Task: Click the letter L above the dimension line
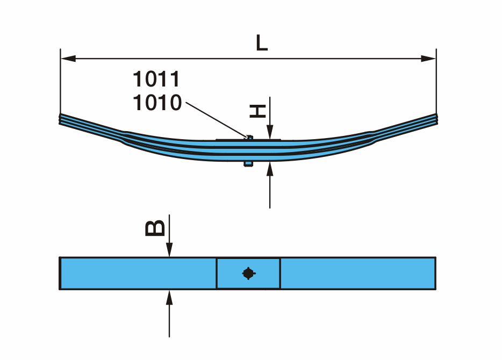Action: point(261,43)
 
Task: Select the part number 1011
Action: point(156,80)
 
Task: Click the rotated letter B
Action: point(156,228)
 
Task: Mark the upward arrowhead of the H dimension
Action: point(270,169)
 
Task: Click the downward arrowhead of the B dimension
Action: point(169,250)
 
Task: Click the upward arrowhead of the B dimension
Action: point(169,297)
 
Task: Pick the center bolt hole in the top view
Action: point(248,273)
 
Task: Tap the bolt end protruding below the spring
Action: point(248,163)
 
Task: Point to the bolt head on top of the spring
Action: point(249,138)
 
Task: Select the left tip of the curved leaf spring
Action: point(61,119)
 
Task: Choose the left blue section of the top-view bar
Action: point(137,273)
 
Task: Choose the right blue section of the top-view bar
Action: point(357,273)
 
